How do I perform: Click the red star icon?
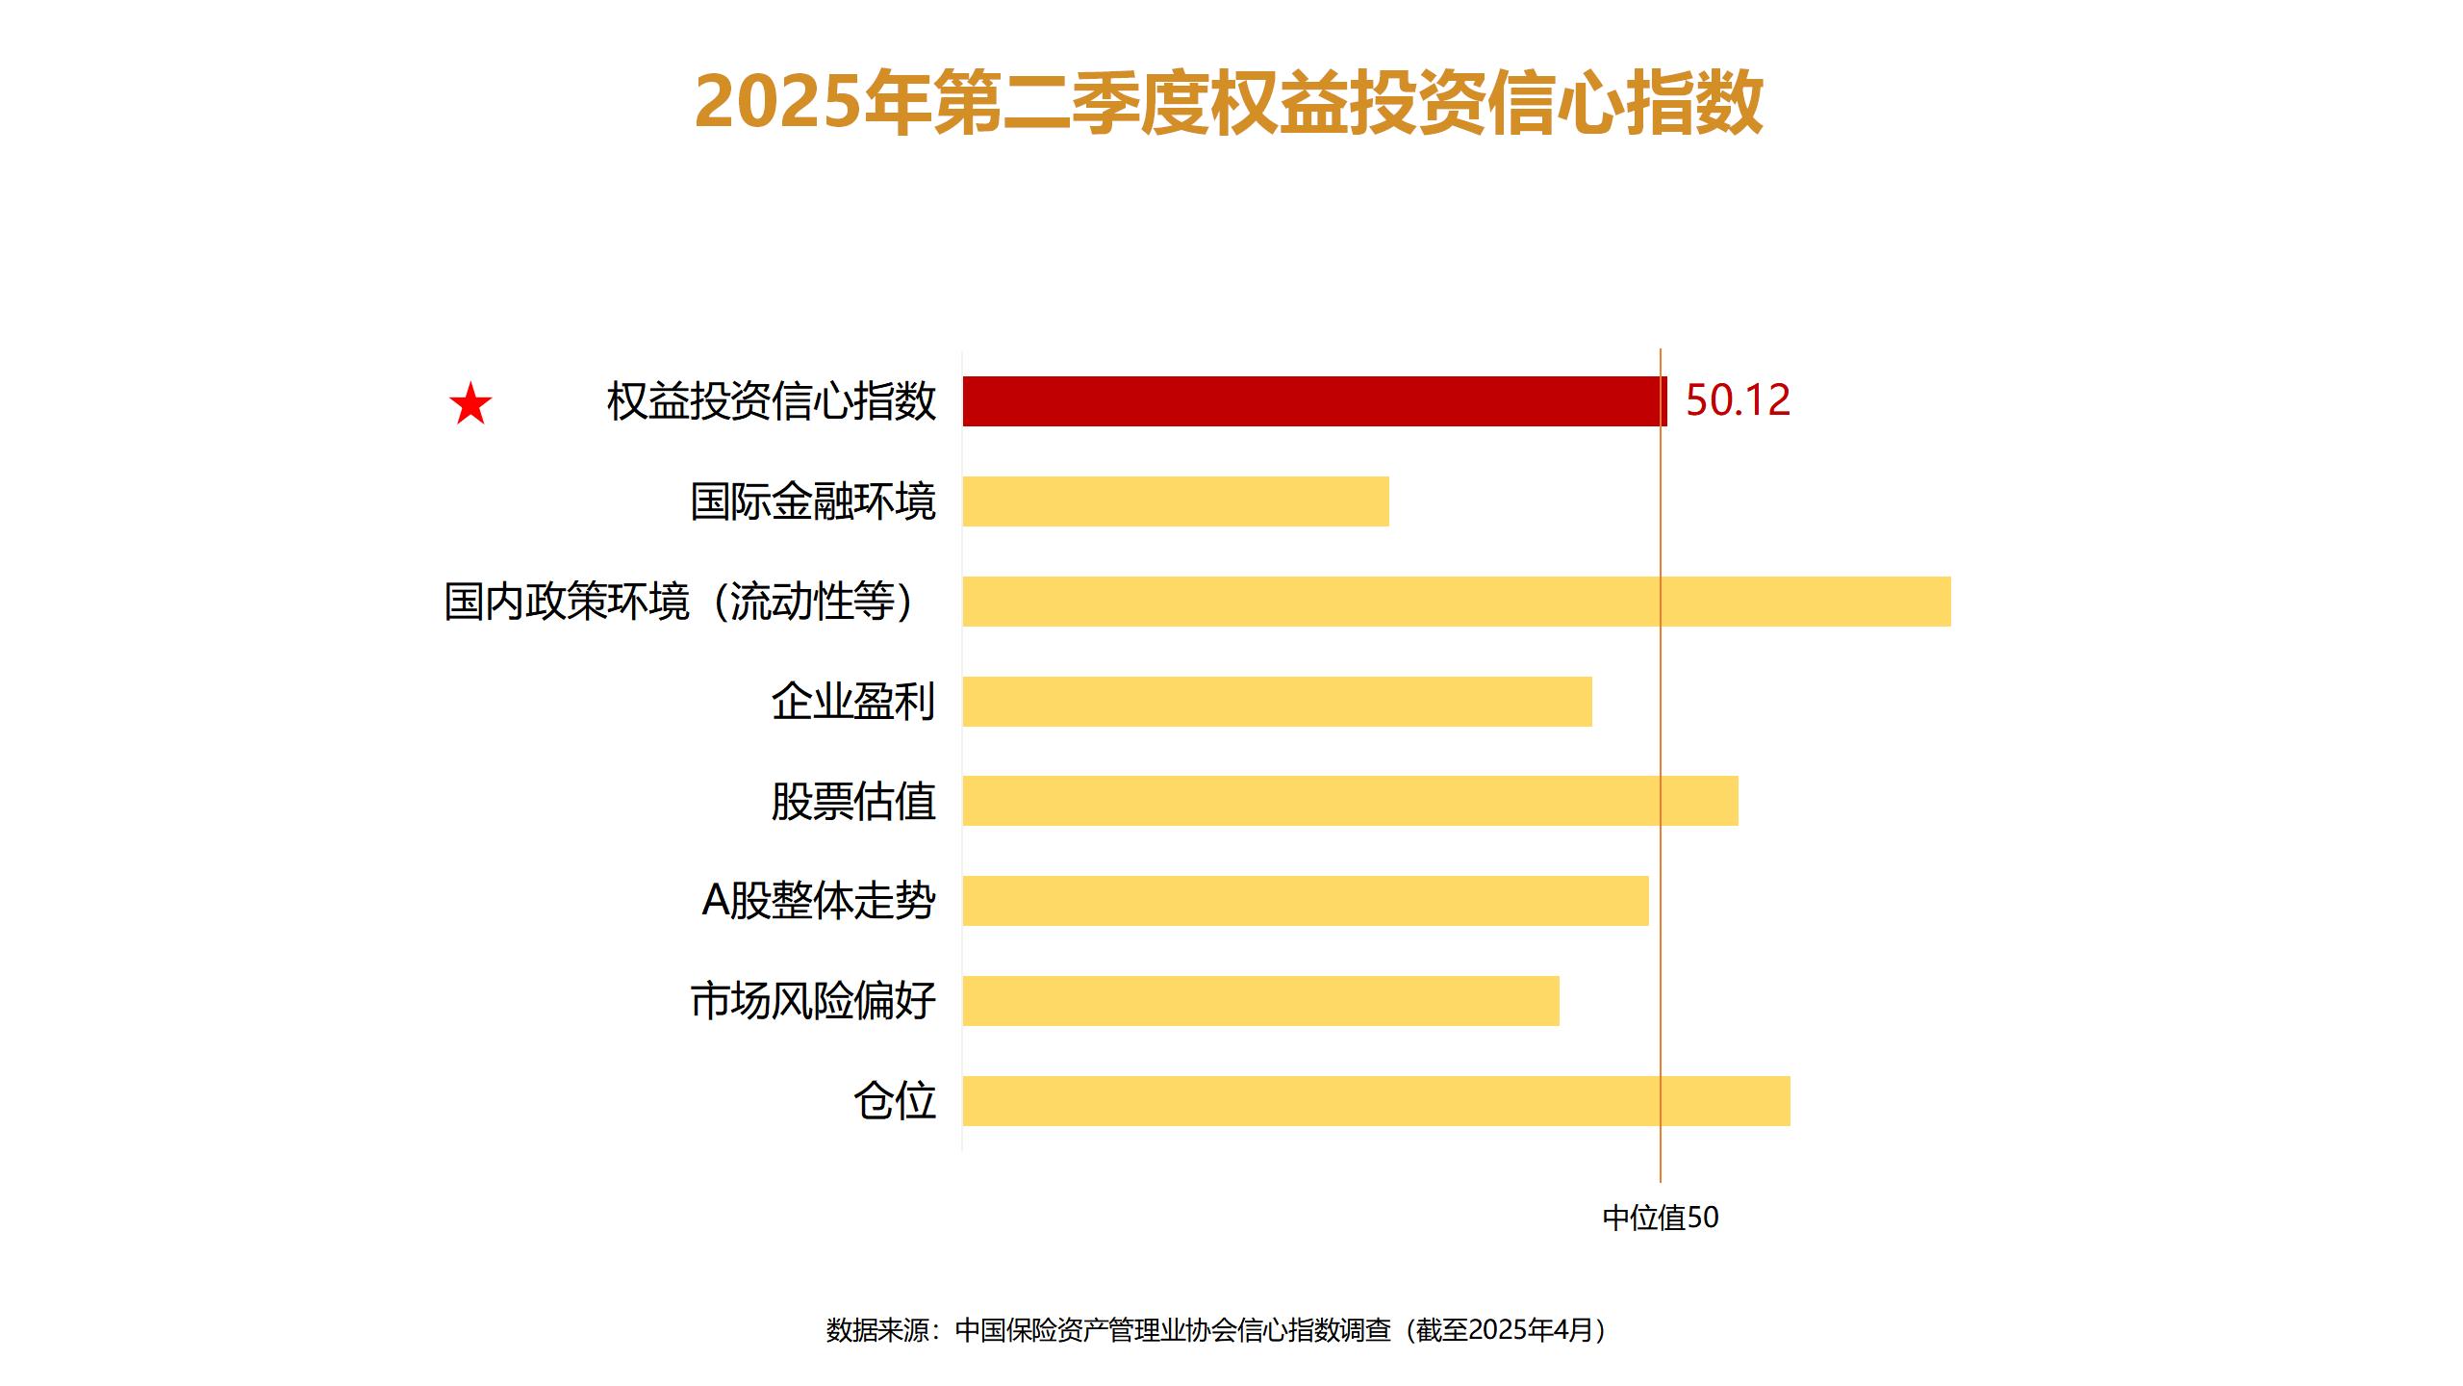(x=470, y=404)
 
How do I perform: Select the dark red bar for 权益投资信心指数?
(x=1314, y=401)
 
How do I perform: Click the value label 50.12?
(x=1738, y=400)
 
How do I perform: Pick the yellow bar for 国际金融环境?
(x=1176, y=501)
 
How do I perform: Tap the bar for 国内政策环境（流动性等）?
(x=1457, y=602)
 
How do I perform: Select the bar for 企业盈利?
(x=1277, y=702)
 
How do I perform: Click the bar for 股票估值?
(x=1350, y=801)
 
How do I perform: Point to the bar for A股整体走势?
(x=1306, y=901)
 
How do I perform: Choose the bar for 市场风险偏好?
(x=1260, y=1001)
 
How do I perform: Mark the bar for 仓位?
(x=1376, y=1101)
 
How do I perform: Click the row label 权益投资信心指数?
(x=771, y=401)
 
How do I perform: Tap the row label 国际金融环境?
(x=813, y=501)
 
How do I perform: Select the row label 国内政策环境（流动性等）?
(x=679, y=602)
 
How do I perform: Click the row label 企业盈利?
(x=853, y=702)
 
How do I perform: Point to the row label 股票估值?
(x=853, y=801)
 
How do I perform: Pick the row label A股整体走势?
(x=819, y=901)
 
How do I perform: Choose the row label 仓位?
(x=895, y=1101)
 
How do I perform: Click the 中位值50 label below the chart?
(x=1661, y=1218)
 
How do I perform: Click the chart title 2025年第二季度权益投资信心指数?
(x=1229, y=102)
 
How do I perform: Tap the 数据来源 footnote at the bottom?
(x=1217, y=1330)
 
